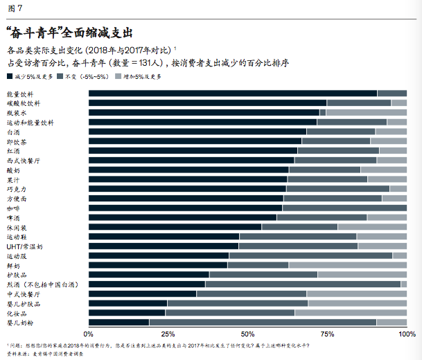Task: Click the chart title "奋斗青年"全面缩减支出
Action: tap(69, 32)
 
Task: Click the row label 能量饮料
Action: tap(19, 93)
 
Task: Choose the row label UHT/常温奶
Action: tap(25, 246)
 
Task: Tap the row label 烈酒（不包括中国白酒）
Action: tap(42, 284)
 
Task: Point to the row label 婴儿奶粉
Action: tap(19, 322)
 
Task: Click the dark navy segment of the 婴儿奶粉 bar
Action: tap(118, 322)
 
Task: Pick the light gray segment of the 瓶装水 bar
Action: tap(366, 112)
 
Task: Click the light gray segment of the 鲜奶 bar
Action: tap(347, 264)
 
